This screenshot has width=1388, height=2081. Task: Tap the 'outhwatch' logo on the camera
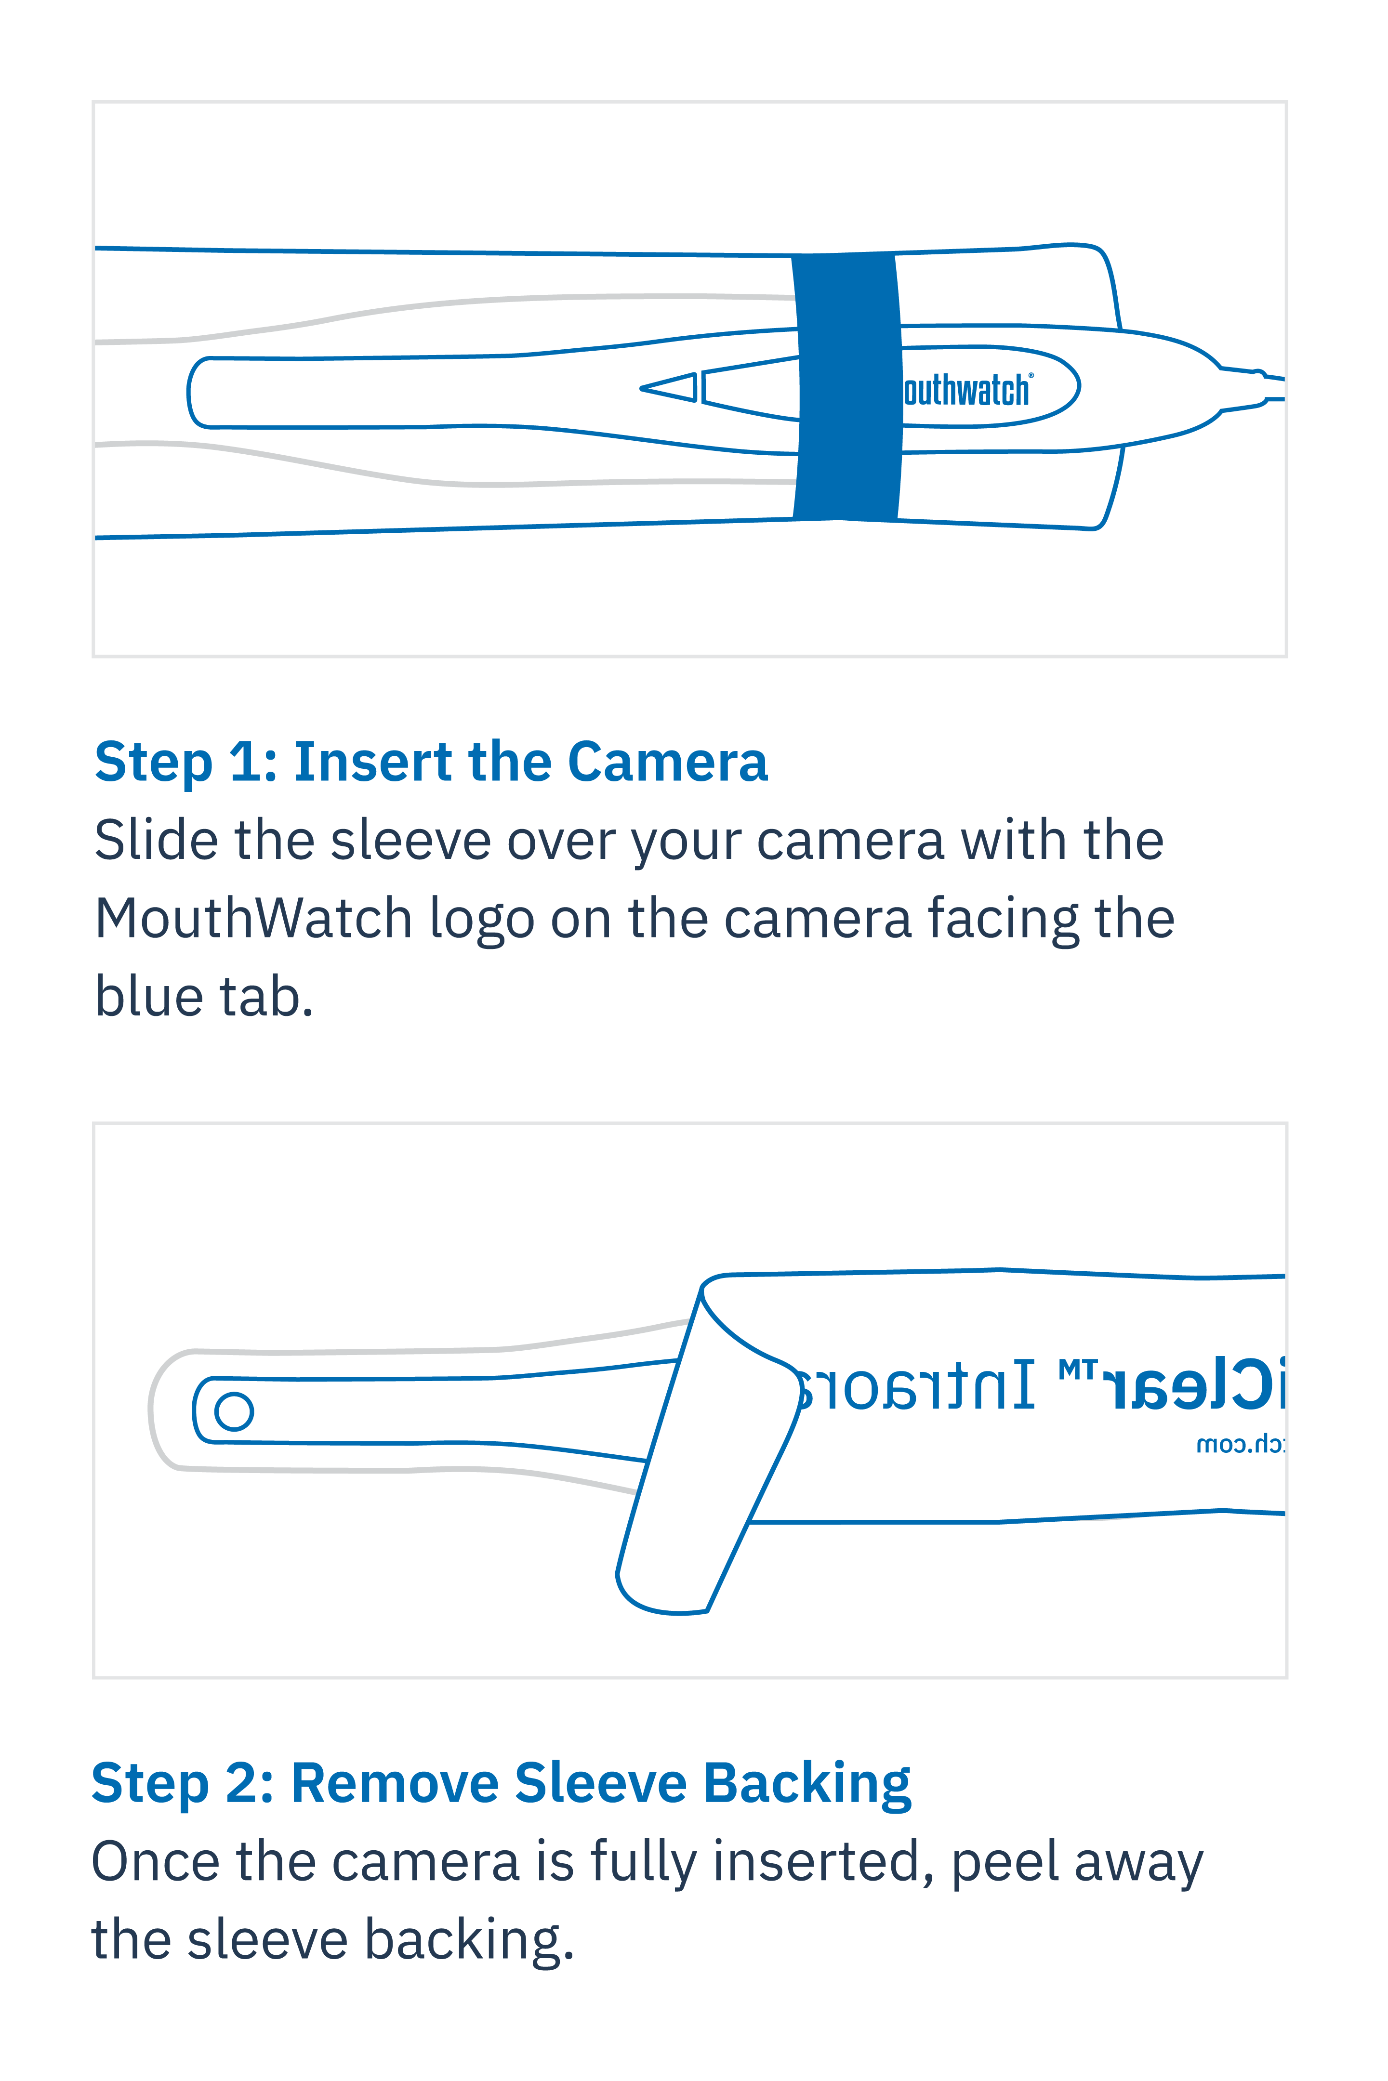[966, 390]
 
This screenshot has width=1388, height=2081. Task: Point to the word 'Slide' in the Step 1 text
[156, 840]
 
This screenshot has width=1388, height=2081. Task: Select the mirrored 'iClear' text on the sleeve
[1195, 1386]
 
